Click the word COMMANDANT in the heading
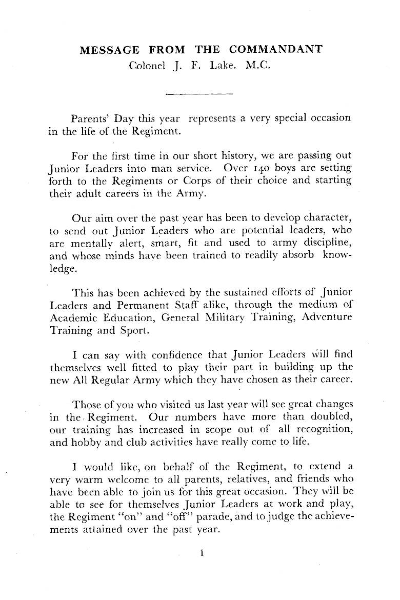pos(276,50)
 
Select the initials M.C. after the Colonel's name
pos(259,66)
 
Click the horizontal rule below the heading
pos(200,94)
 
